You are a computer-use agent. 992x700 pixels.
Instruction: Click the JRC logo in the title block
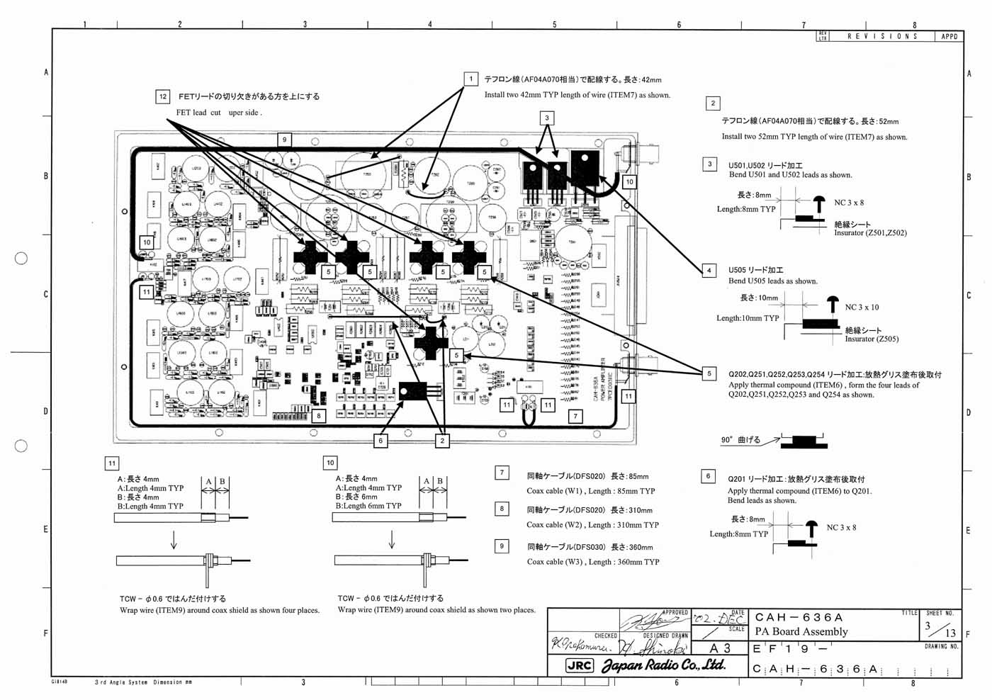tap(579, 665)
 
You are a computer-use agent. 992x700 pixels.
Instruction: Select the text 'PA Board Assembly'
tap(801, 631)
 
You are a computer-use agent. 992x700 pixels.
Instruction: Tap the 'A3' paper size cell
tap(719, 648)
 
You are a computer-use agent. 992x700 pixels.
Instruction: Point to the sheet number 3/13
tap(940, 629)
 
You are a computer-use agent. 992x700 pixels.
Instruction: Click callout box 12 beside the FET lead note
tap(163, 97)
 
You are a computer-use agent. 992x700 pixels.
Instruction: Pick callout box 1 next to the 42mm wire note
tap(470, 79)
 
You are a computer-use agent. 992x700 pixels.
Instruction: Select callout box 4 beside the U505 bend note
tap(709, 270)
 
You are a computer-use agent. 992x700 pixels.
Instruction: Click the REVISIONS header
tap(882, 36)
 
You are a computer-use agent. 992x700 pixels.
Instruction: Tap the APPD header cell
tap(949, 36)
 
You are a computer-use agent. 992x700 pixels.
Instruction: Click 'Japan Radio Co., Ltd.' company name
tap(663, 665)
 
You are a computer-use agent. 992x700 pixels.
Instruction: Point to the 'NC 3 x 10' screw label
tap(862, 307)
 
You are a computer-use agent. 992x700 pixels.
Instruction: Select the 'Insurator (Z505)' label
tap(872, 339)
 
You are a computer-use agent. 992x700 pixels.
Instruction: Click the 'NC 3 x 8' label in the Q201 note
tap(841, 528)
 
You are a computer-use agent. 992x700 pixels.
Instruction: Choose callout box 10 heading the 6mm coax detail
tap(330, 463)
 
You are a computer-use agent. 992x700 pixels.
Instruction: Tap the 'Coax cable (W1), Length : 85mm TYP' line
tap(590, 491)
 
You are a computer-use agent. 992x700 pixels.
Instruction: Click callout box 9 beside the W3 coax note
tap(502, 546)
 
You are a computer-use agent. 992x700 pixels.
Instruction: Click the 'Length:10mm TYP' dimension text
tap(747, 318)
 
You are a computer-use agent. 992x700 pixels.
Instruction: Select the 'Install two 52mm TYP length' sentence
tap(814, 137)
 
